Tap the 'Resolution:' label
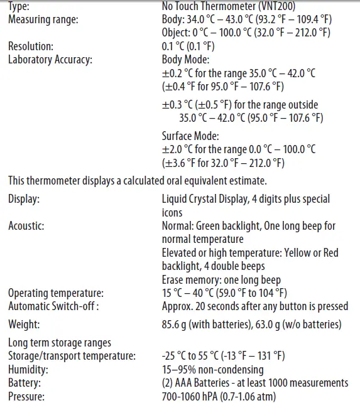point(31,46)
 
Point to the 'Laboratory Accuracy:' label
point(50,60)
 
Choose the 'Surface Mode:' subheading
point(190,136)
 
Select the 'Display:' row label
point(25,199)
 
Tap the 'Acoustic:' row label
point(26,226)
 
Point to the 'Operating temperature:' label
point(55,293)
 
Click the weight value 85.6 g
point(177,324)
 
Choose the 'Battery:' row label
point(25,382)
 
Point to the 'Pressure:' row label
point(26,396)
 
